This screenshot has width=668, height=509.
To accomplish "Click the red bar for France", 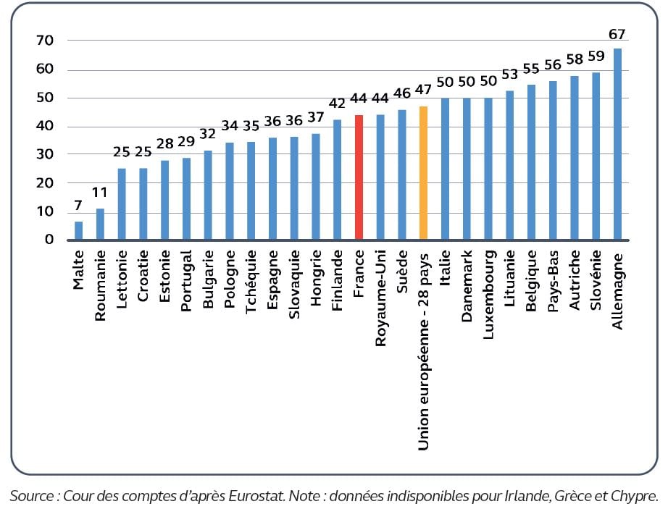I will pos(359,177).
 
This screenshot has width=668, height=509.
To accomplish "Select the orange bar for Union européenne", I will pos(424,173).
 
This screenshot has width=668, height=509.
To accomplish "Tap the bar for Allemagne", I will pos(617,144).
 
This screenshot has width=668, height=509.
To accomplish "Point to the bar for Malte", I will pos(79,231).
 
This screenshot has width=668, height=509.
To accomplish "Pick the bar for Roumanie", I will pos(100,224).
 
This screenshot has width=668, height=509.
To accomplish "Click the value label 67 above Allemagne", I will pos(617,34).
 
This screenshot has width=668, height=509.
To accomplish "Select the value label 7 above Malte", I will pos(79,206).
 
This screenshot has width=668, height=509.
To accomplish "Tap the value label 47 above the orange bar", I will pos(424,91).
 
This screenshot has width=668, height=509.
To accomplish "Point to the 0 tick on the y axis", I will pos(49,240).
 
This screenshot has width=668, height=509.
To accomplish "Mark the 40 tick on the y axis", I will pos(45,126).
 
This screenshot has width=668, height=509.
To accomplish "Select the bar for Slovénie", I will pos(596,156).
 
